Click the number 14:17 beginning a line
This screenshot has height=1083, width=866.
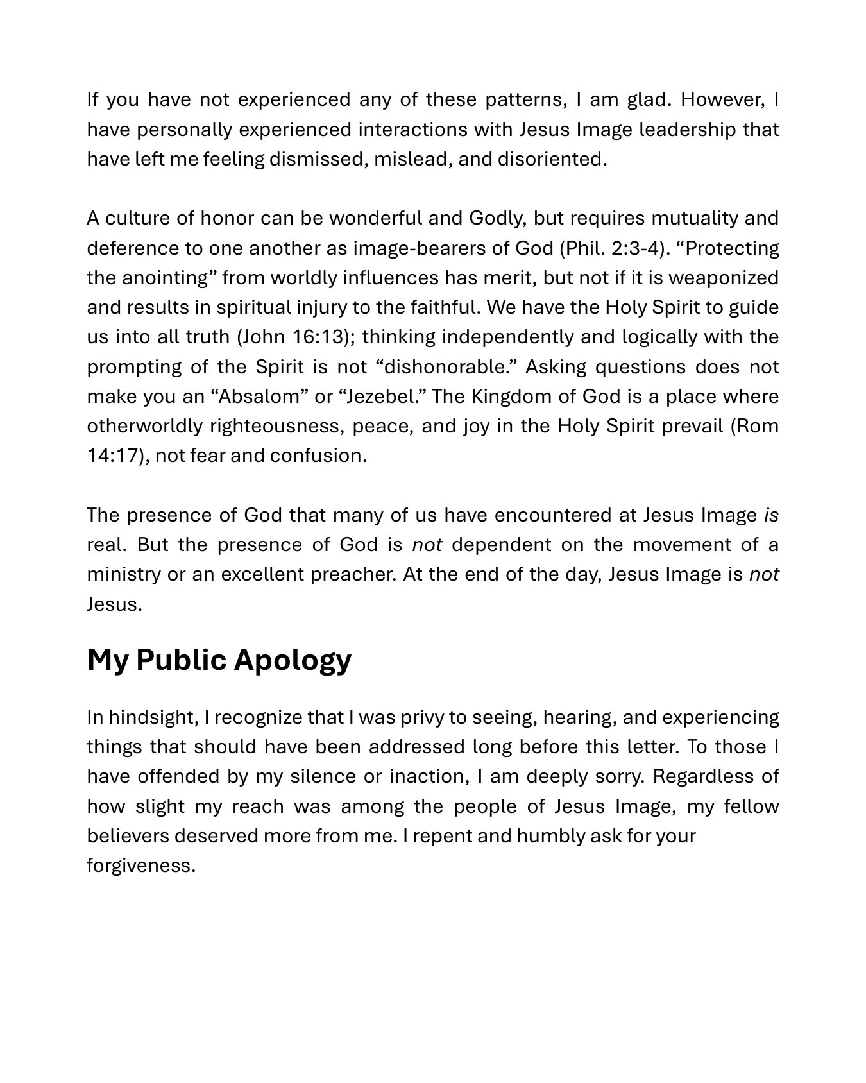(113, 456)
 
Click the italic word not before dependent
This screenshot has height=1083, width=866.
(427, 545)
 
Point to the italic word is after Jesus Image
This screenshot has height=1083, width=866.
(771, 515)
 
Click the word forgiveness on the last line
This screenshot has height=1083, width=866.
(140, 866)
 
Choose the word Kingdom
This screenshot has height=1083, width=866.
(511, 397)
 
